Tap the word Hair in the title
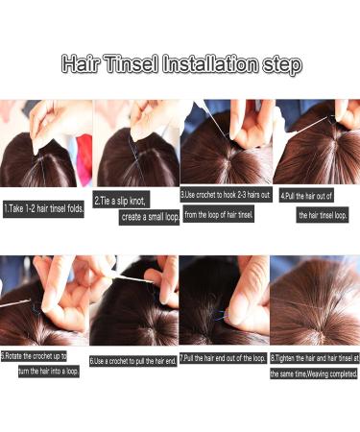point(80,65)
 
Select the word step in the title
point(280,65)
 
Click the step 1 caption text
point(44,207)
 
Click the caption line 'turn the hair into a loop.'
point(47,371)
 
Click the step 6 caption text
point(134,361)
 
